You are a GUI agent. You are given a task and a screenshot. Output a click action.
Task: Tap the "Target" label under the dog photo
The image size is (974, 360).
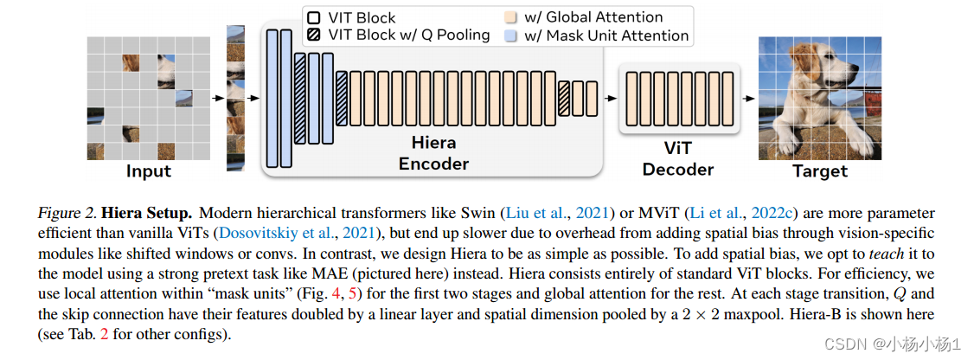click(819, 170)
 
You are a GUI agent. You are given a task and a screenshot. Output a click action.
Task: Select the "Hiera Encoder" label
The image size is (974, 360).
click(433, 151)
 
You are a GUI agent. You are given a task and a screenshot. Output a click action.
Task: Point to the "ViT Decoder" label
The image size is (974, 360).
click(677, 157)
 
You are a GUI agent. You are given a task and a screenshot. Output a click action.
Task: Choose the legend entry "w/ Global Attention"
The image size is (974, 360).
click(593, 17)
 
